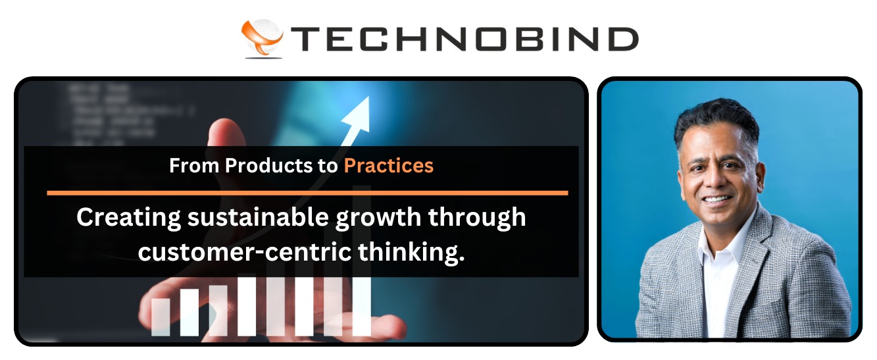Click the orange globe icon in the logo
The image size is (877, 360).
click(263, 38)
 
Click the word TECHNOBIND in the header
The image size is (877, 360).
click(464, 39)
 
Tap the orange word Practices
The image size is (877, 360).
click(389, 166)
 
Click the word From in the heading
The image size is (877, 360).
click(194, 165)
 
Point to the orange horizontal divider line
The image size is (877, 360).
click(307, 193)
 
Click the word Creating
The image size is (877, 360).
click(128, 218)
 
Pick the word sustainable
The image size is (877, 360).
click(258, 217)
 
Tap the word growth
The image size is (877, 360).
click(378, 218)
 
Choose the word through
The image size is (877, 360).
click(477, 218)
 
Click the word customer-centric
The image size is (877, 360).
click(245, 251)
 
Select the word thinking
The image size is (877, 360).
click(411, 252)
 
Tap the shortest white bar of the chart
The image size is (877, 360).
click(161, 317)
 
